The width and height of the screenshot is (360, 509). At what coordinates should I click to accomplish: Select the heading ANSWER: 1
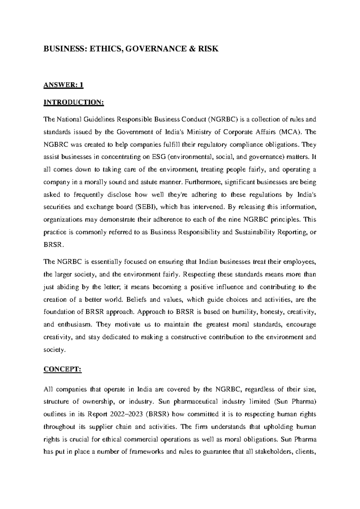(x=63, y=86)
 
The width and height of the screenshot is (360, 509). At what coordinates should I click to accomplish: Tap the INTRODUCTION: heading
(x=74, y=102)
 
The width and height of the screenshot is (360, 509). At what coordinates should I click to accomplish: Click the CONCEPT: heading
(x=62, y=370)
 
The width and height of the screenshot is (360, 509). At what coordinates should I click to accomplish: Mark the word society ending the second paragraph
(x=53, y=350)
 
